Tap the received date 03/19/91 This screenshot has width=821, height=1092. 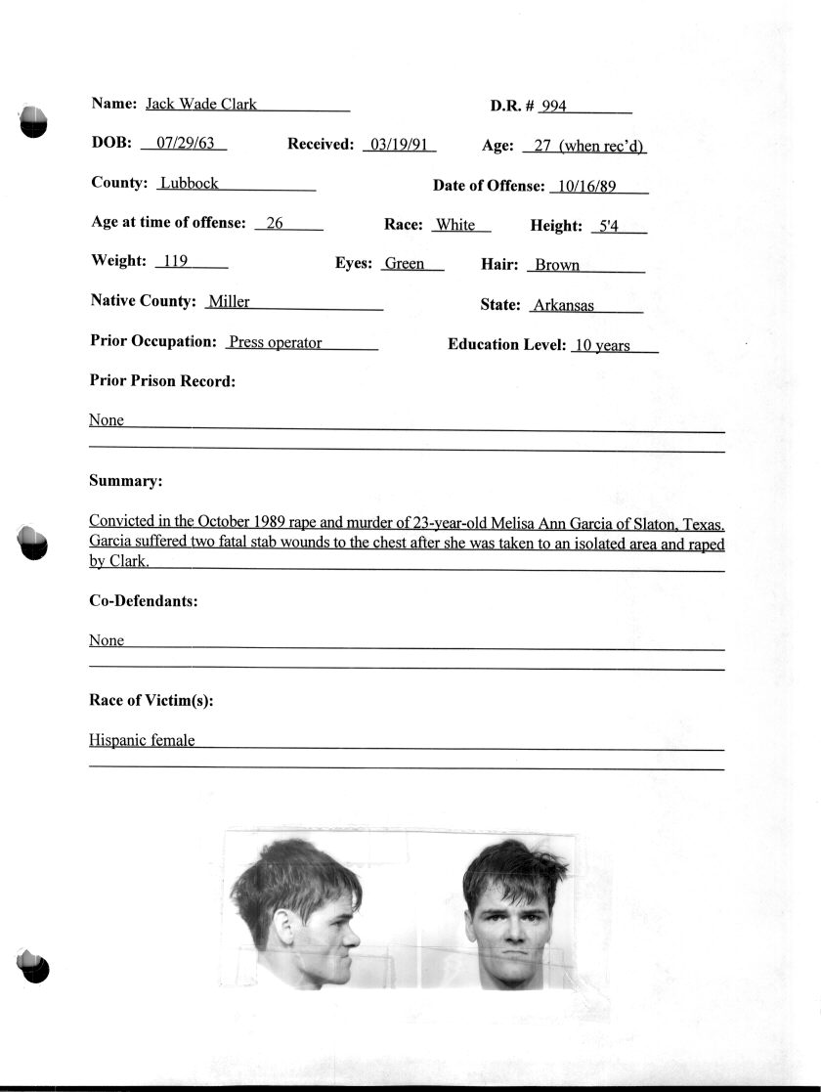point(397,145)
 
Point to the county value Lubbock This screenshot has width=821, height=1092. point(189,183)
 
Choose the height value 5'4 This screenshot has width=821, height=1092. point(608,226)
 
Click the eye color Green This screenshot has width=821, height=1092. point(404,264)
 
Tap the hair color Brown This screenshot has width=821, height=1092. point(557,265)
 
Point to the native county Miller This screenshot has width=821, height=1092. point(229,302)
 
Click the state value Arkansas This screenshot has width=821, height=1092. point(563,305)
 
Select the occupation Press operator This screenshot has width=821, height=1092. point(275,343)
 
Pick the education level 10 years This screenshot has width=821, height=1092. point(602,345)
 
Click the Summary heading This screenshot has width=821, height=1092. point(125,481)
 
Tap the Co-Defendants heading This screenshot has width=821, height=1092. point(144,601)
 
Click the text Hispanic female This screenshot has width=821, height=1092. point(142,740)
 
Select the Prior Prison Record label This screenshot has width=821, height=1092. point(162,381)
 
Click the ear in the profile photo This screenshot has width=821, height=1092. point(285,924)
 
